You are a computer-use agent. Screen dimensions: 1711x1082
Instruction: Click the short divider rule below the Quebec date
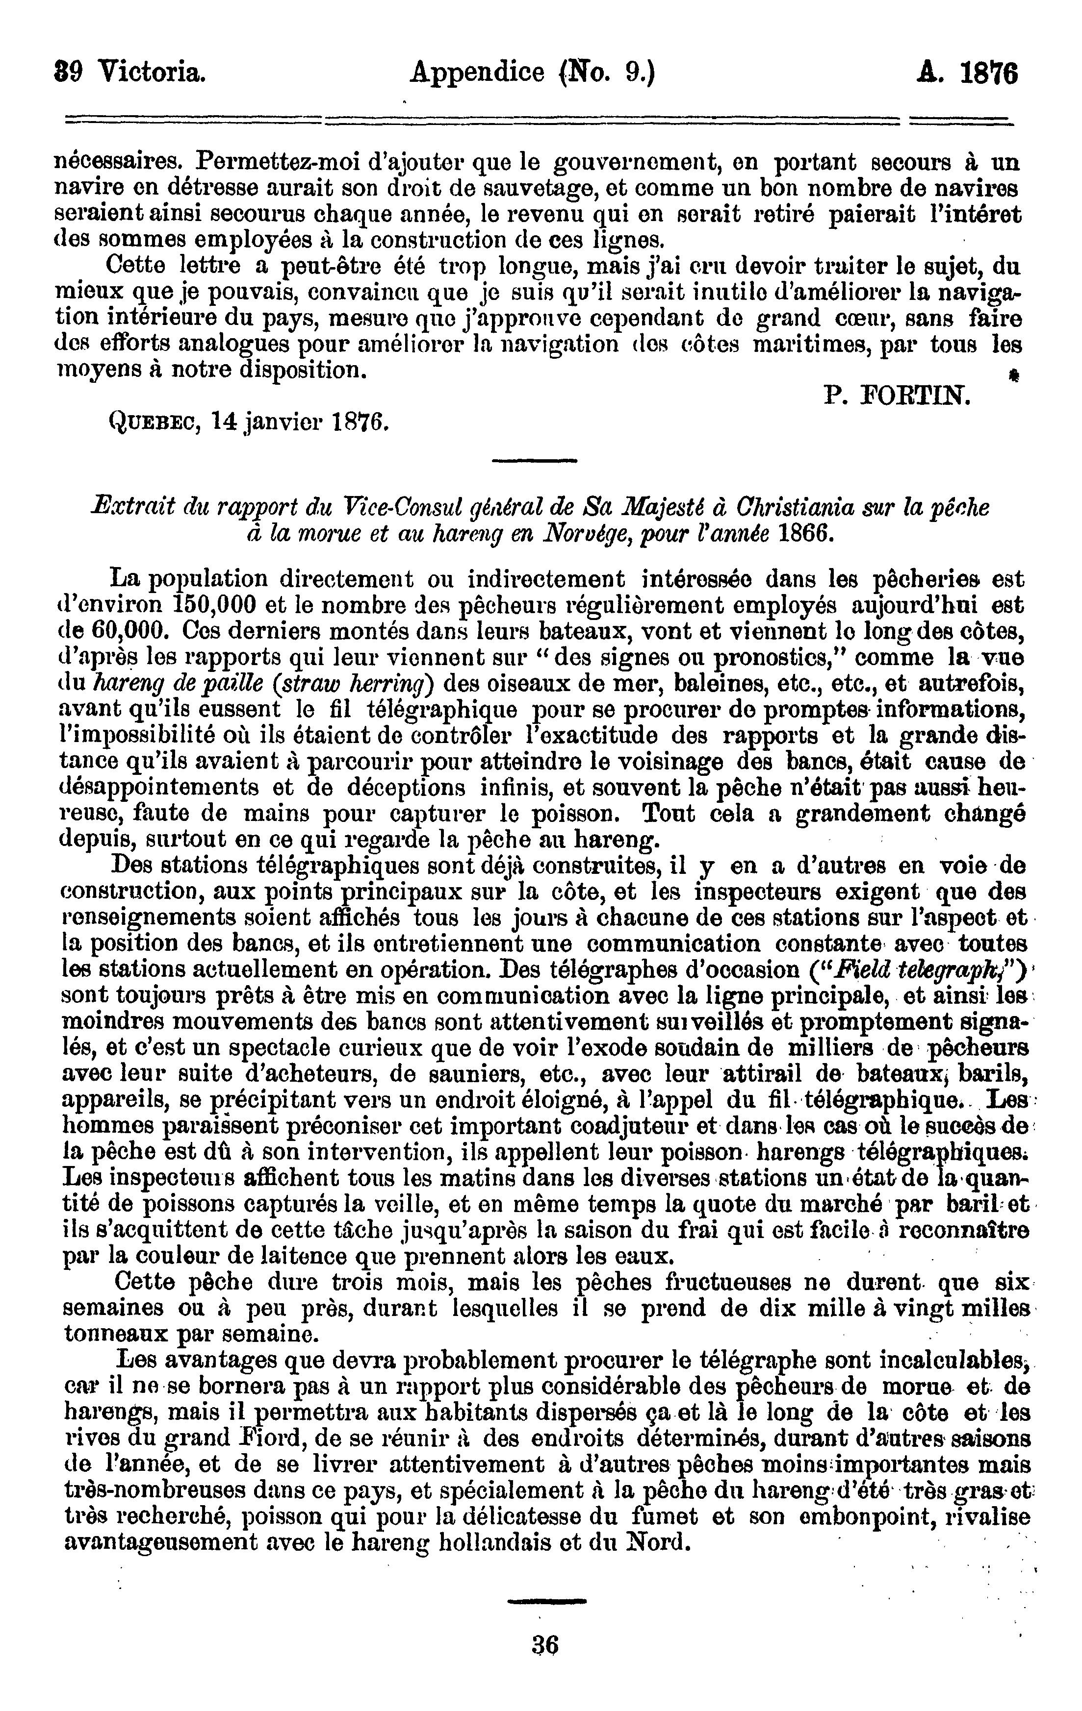tap(535, 463)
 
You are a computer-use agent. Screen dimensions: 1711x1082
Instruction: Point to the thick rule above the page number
tap(547, 1602)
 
